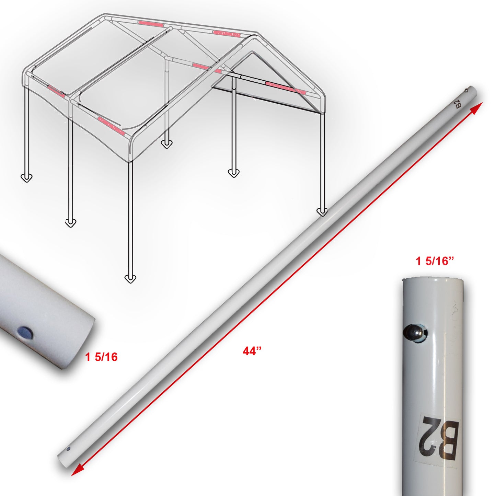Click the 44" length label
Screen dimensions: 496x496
pyautogui.click(x=252, y=351)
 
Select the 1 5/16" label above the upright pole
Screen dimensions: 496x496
pyautogui.click(x=435, y=261)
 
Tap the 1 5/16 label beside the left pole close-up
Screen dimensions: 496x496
pyautogui.click(x=101, y=357)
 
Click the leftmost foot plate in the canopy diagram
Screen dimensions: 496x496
pyautogui.click(x=26, y=177)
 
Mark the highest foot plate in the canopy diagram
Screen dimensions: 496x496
pyautogui.click(x=166, y=143)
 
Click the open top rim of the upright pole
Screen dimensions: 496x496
pyautogui.click(x=433, y=279)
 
